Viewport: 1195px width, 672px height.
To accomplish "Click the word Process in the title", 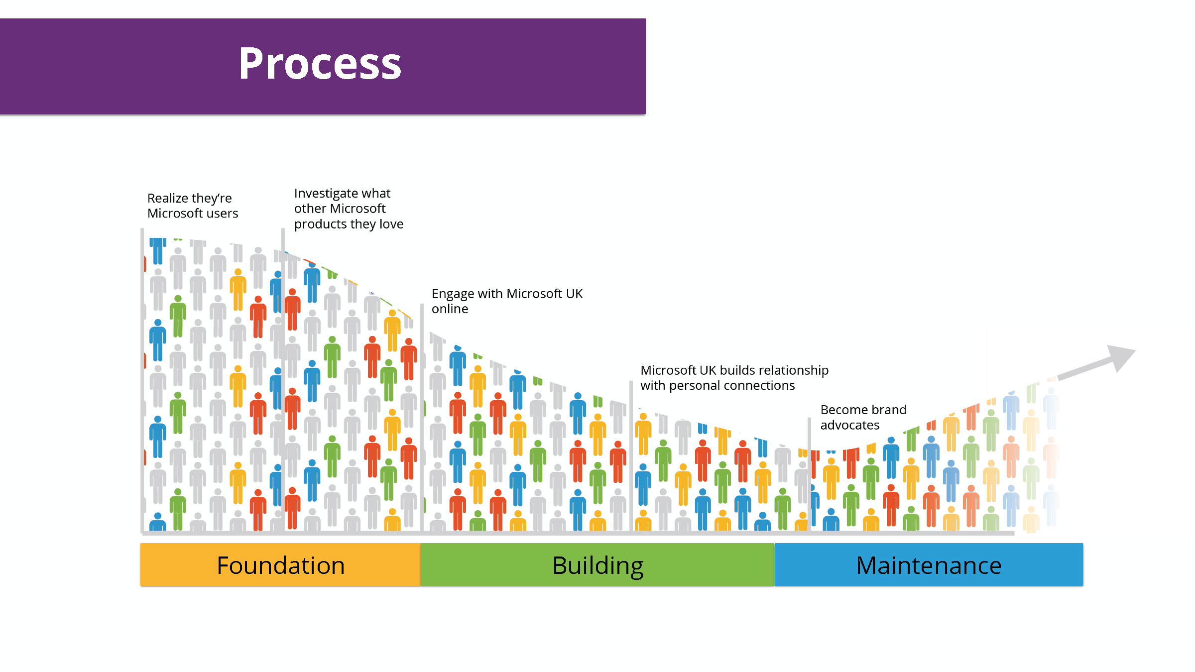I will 320,64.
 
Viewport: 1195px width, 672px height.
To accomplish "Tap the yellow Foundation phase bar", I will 280,565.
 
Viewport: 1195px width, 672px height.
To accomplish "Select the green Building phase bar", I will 597,565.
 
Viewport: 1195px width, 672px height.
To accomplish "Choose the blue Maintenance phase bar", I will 929,565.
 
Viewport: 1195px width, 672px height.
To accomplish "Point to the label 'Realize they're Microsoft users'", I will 193,206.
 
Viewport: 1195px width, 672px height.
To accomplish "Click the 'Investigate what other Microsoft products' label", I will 349,209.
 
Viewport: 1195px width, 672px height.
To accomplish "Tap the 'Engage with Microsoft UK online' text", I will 507,301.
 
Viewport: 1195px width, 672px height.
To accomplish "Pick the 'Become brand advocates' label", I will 863,417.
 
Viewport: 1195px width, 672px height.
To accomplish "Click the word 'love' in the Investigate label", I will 391,224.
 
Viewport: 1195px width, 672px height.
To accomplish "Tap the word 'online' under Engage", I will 450,309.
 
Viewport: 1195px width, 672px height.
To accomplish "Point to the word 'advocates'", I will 850,425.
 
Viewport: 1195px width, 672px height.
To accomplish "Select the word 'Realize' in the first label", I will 168,198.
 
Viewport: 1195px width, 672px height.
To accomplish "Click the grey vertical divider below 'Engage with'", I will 422,418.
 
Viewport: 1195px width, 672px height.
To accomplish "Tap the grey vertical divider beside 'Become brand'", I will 810,473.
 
